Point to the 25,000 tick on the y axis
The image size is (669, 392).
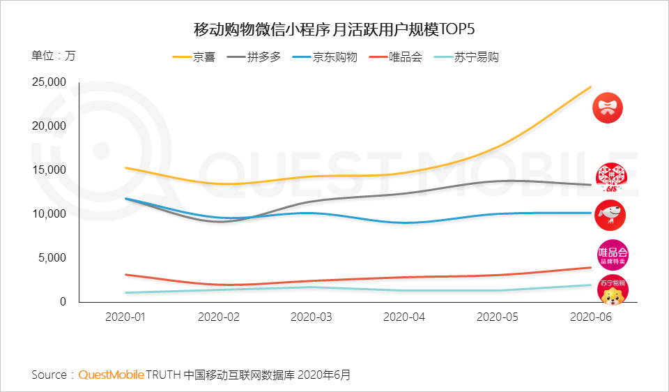(49, 82)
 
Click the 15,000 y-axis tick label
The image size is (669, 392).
(49, 170)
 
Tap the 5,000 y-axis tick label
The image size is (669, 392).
(52, 258)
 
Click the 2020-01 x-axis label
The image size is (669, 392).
(125, 317)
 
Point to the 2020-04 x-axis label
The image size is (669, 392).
(405, 317)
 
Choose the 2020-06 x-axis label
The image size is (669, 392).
(591, 317)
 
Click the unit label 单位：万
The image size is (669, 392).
(53, 56)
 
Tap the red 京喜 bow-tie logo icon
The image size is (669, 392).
(607, 108)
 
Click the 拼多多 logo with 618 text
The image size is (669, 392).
(610, 177)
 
